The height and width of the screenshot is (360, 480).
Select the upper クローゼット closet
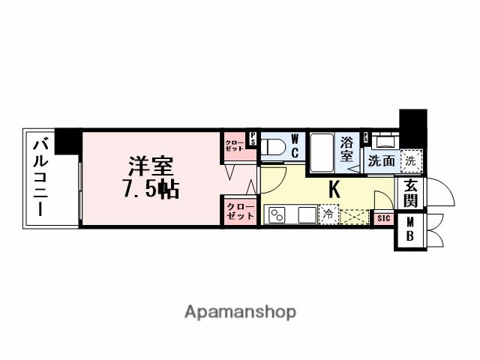(x=234, y=145)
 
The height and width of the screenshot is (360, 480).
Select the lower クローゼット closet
(x=239, y=210)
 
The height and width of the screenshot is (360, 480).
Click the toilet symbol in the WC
(x=274, y=147)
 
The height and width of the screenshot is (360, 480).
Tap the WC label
(x=295, y=145)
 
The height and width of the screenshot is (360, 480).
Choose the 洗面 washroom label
(x=382, y=160)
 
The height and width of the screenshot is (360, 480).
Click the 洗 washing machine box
(x=410, y=160)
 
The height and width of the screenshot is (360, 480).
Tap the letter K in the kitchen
(x=334, y=190)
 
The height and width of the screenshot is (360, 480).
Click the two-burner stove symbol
(x=276, y=215)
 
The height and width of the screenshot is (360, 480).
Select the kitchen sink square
(x=307, y=215)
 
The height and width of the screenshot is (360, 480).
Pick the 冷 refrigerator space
(x=329, y=215)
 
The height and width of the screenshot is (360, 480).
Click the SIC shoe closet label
(x=383, y=218)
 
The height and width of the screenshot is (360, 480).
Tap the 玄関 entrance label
(x=411, y=194)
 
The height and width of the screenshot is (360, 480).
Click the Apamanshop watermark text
(x=240, y=311)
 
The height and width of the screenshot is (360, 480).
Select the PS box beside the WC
(x=253, y=138)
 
